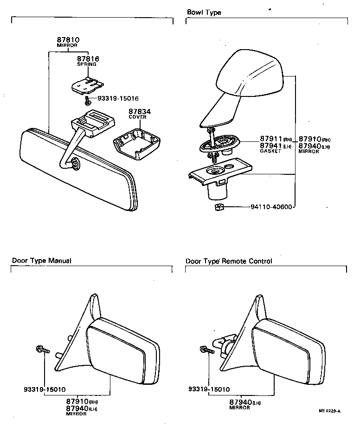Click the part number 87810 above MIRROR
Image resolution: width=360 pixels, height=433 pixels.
click(68, 40)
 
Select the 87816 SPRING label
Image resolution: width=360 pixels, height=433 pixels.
click(88, 59)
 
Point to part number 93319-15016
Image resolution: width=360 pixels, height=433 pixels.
click(118, 98)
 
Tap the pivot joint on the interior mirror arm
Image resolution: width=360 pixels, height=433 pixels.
click(74, 163)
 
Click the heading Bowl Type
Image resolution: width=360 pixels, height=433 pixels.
click(204, 13)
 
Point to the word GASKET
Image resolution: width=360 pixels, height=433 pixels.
click(270, 151)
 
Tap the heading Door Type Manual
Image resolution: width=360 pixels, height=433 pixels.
click(41, 261)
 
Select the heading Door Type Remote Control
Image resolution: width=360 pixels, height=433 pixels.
click(229, 261)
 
